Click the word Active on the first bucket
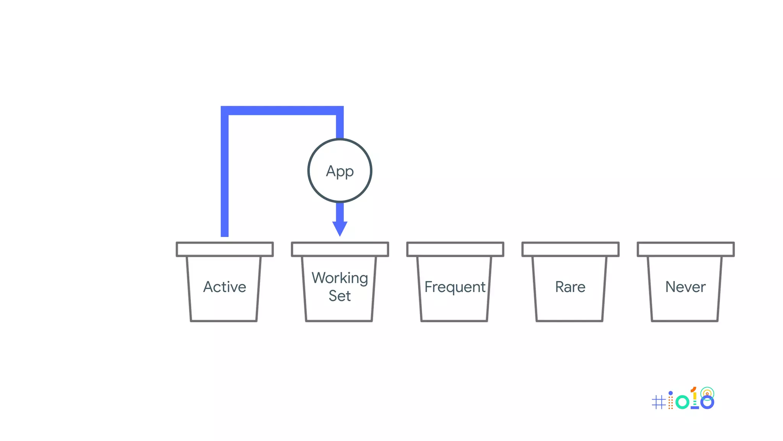pos(224,287)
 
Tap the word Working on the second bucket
pos(340,278)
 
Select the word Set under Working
pos(340,296)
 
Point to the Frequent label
pos(455,287)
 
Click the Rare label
pos(570,287)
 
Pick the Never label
pos(685,287)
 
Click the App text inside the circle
pos(340,171)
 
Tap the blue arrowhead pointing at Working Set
pos(340,229)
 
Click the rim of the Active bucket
pos(224,249)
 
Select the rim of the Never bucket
pos(686,249)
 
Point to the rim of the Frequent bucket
pos(455,249)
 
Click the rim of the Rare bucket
pos(570,249)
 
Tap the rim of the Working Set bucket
pos(340,249)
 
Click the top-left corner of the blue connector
pos(225,110)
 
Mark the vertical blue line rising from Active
pos(225,176)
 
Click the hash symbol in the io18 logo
pos(658,402)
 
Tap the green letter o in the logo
pos(682,402)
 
